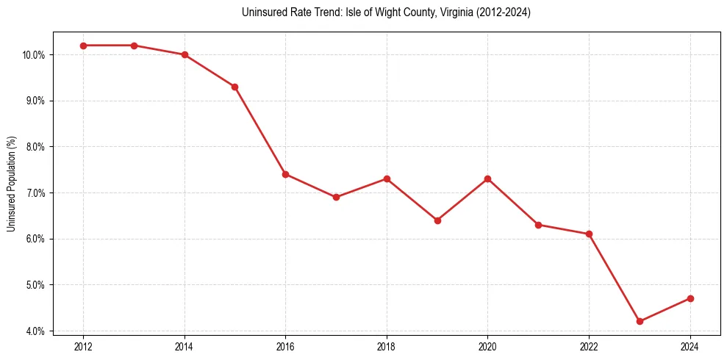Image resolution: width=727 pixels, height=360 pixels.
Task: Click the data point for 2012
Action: tap(83, 46)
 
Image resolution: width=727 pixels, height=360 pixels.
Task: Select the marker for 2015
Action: tap(234, 87)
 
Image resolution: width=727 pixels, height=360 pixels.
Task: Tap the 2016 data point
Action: tap(285, 174)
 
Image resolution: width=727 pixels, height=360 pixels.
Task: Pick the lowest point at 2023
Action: tap(640, 321)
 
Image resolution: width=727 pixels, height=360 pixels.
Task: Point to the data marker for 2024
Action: tap(690, 298)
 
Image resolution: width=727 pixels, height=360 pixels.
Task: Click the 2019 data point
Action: tap(437, 220)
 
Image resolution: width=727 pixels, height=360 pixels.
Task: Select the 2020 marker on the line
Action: tap(488, 179)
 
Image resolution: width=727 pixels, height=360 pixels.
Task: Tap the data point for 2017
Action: tap(336, 197)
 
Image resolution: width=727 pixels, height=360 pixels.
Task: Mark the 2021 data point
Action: tap(538, 225)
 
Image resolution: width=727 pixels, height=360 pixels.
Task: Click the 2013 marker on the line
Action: tap(134, 46)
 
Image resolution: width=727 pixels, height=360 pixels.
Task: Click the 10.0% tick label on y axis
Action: tap(34, 55)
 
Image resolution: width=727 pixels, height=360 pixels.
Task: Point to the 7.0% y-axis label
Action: tap(35, 193)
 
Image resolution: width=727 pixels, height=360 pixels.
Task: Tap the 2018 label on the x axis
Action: tap(387, 347)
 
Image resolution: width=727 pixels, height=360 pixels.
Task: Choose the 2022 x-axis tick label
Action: tap(589, 347)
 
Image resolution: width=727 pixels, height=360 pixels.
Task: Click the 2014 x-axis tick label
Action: tap(185, 347)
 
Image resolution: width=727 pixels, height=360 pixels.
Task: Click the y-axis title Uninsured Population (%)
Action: tap(11, 184)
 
